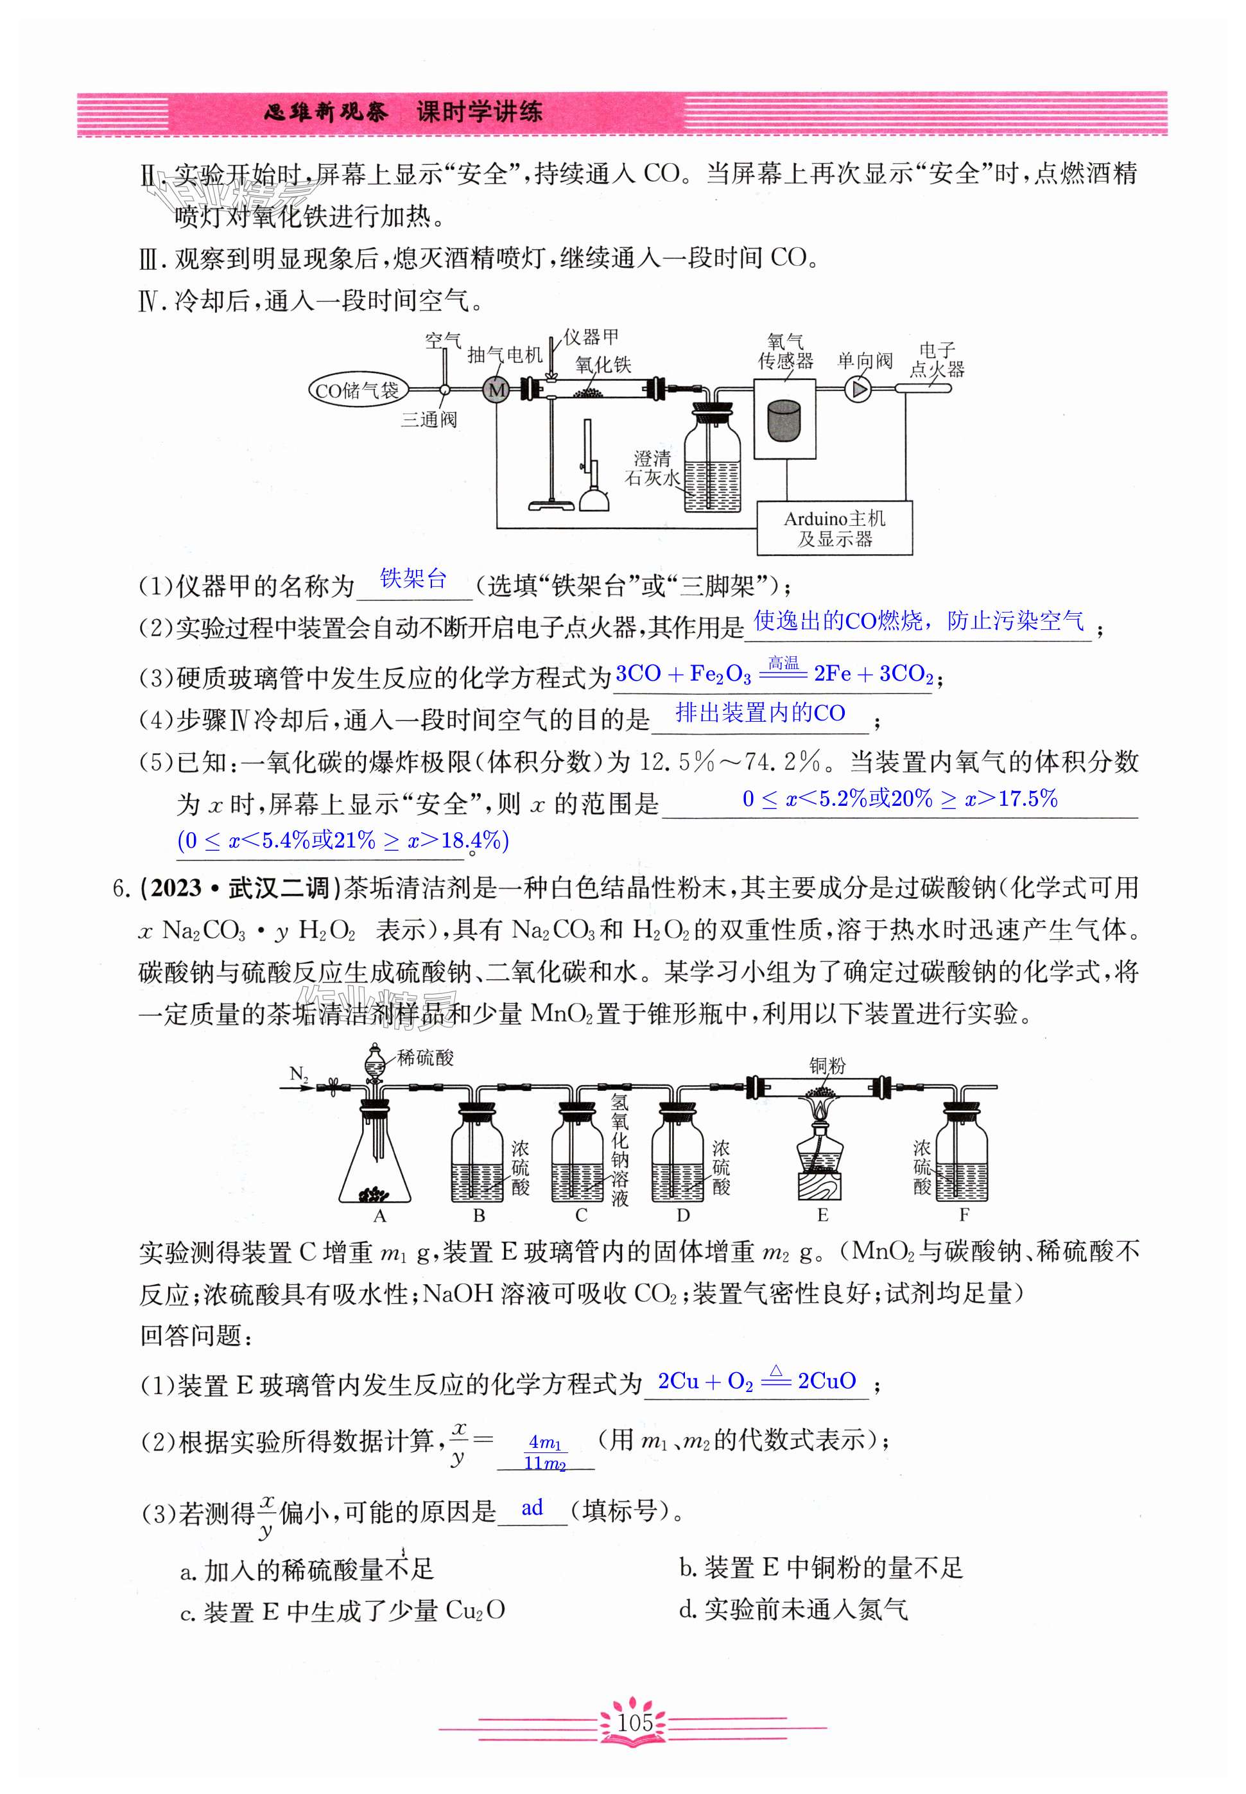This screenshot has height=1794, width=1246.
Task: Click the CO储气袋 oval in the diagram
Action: pos(356,390)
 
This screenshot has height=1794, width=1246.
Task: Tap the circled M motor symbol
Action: pos(496,390)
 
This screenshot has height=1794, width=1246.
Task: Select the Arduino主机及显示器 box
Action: pos(834,528)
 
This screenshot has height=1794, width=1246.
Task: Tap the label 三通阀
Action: pos(429,420)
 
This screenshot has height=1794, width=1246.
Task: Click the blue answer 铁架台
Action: pos(413,579)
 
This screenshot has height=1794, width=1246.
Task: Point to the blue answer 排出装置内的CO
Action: pos(759,713)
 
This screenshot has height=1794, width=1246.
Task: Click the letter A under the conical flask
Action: pos(379,1215)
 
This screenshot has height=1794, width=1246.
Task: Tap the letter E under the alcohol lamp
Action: pos(822,1215)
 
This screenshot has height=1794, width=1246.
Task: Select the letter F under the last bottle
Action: pos(964,1215)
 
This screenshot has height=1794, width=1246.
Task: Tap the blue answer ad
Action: pos(532,1508)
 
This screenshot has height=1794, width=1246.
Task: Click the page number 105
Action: pos(634,1721)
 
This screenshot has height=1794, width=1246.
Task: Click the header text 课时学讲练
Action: pos(479,112)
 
